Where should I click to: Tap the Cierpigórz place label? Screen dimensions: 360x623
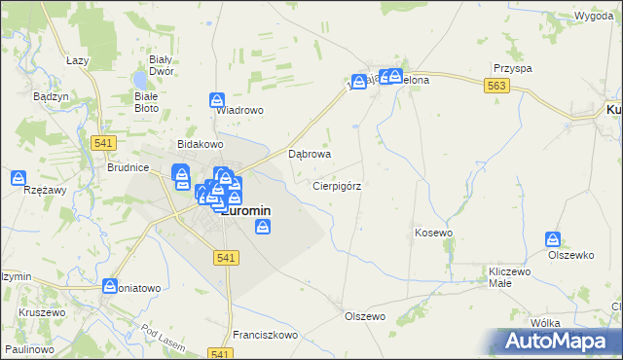338,185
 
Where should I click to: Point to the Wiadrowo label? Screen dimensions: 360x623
239,111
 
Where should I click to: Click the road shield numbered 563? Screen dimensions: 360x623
496,87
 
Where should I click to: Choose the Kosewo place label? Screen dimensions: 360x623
434,233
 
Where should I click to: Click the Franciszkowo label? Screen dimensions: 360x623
266,334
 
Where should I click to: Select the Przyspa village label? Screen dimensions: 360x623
512,69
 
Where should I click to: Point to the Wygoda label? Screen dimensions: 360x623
594,18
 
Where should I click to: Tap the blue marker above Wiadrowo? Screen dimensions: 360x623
217,99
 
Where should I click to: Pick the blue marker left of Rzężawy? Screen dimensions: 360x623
18,178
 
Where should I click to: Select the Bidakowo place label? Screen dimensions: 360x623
194,144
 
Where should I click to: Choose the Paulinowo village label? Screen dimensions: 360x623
28,348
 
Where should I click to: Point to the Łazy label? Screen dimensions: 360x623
78,59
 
